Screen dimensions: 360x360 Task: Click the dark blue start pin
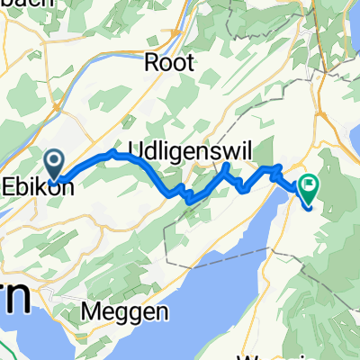point(55,165)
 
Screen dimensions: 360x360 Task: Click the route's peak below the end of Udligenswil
point(226,166)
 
